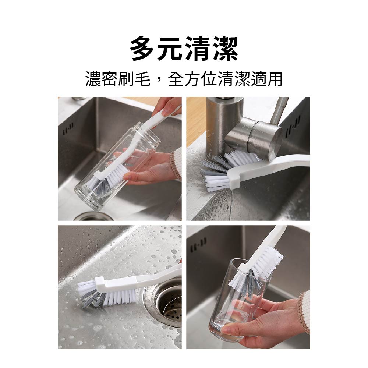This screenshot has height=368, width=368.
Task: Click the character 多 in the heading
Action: [x=143, y=49]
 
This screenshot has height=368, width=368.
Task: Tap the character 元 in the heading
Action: [x=170, y=49]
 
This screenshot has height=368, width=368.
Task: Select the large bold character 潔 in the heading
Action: [x=226, y=49]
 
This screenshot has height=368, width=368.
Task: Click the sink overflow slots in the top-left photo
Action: [x=68, y=130]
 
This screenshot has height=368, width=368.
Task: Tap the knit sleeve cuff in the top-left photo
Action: [x=176, y=162]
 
